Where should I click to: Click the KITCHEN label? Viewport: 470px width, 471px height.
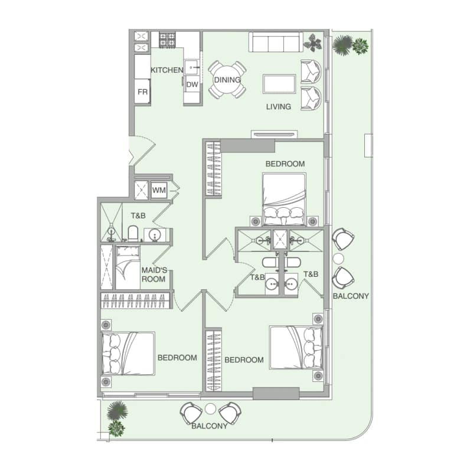167,70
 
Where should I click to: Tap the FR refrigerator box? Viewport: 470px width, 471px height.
142,91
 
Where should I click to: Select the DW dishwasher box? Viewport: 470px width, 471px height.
192,84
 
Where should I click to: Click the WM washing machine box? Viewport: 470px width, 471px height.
159,190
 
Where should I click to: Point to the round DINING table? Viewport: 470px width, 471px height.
227,80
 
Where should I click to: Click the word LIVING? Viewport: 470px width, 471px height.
278,107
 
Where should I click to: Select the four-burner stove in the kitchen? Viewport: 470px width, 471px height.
167,40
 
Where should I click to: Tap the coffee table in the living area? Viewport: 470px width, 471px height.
279,84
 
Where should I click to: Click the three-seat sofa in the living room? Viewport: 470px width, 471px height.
276,42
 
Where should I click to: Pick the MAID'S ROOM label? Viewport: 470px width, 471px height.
154,274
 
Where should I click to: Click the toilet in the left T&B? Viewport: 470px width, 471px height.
132,233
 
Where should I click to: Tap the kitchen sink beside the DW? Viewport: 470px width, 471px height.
191,67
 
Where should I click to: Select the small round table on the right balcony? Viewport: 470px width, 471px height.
338,259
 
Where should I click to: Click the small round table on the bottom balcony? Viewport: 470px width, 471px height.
210,408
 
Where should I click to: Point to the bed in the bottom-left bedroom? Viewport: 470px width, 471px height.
128,353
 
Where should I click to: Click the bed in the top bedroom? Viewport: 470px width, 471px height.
284,199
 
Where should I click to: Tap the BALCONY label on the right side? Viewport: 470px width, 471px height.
351,296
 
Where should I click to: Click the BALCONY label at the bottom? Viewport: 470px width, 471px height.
209,426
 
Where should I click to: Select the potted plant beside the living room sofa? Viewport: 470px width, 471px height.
312,42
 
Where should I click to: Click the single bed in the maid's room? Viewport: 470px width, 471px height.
128,268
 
